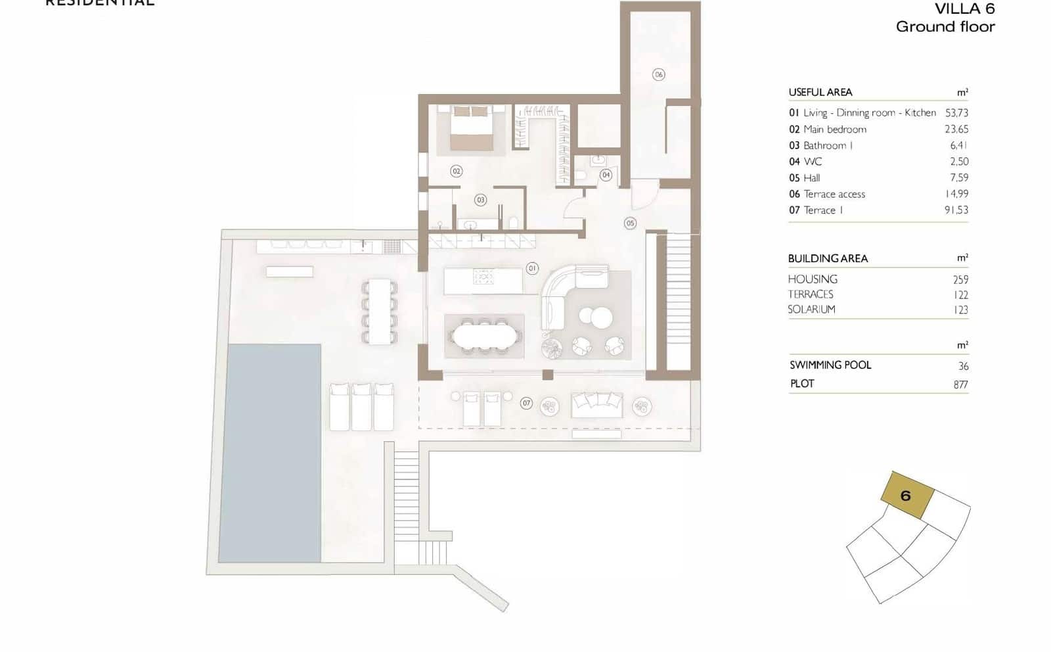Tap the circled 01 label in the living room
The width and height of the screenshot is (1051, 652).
pos(532,268)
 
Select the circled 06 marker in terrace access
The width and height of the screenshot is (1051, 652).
pos(659,74)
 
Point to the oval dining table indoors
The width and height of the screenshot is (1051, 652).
pos(485,337)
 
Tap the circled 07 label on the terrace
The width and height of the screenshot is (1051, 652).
pos(526,403)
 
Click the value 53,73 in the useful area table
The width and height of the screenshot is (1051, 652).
pos(956,113)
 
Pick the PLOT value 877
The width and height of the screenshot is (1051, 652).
pos(960,384)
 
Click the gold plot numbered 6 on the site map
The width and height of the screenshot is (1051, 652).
pos(907,495)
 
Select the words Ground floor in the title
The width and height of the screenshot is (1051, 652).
pos(945,27)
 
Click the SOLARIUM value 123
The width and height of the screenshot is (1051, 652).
pos(960,310)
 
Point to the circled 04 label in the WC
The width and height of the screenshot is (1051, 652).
pos(606,175)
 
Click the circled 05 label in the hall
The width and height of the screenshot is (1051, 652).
pos(630,223)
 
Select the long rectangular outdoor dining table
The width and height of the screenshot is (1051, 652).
pos(379,312)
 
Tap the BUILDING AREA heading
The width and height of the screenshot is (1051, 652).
pos(828,258)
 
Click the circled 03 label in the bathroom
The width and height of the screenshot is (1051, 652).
pos(481,200)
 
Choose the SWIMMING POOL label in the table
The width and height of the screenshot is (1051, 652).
pos(830,365)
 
